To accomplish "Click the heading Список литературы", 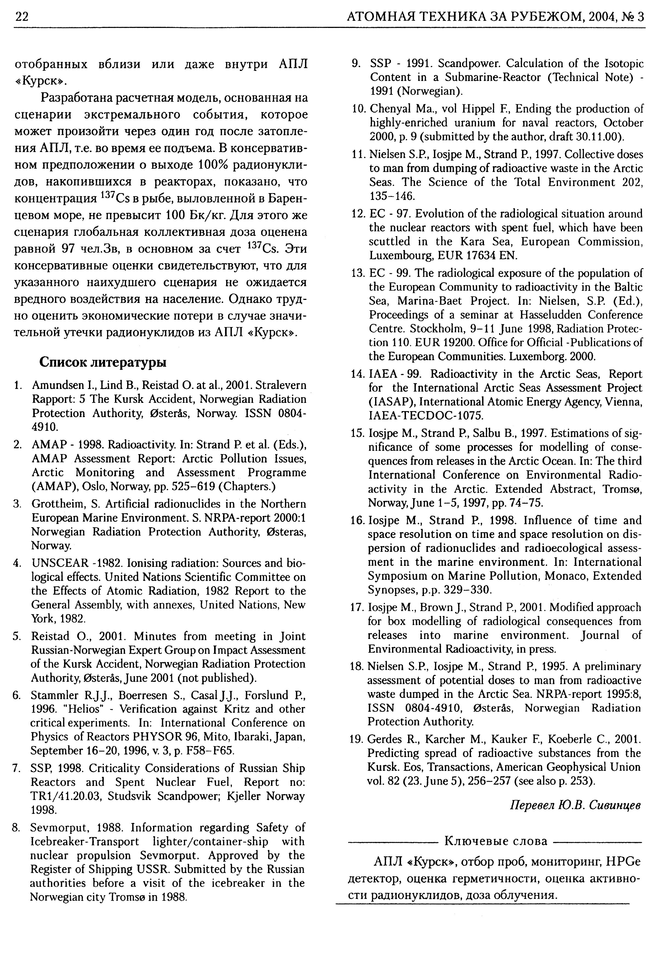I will point(103,362).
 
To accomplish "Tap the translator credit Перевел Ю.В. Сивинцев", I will point(575,805).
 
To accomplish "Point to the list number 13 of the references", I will point(357,273).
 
